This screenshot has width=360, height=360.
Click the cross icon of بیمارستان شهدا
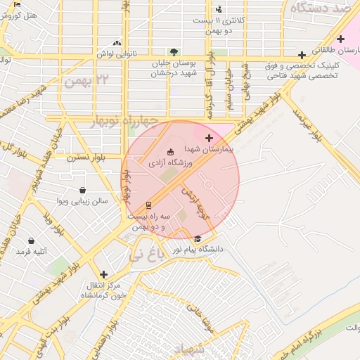click(x=209, y=138)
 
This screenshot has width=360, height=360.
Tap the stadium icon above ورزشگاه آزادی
click(x=169, y=152)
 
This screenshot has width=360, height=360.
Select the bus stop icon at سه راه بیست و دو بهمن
click(x=148, y=205)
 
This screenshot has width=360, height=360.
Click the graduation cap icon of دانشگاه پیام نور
click(x=198, y=238)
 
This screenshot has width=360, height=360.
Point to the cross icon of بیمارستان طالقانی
click(x=341, y=39)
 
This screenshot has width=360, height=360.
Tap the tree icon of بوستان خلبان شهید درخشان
click(x=174, y=52)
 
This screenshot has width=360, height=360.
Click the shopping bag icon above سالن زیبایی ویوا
click(x=83, y=190)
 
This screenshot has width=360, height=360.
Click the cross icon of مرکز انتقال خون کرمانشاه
click(x=104, y=274)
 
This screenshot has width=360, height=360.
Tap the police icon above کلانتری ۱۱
click(x=219, y=9)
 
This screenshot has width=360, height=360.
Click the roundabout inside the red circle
click(x=208, y=185)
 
